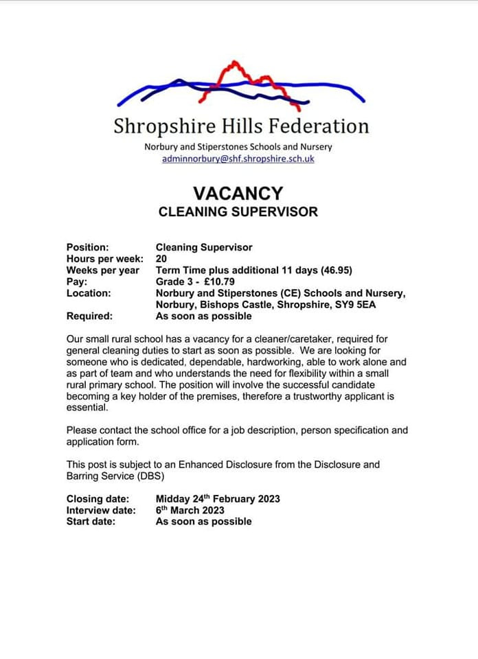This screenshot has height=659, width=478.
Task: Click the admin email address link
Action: pos(238,159)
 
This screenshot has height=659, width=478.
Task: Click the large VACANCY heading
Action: pos(238,194)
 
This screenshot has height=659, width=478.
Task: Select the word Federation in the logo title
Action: pos(318,126)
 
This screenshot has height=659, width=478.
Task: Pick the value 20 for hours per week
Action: pos(161,259)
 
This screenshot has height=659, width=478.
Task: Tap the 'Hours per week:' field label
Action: pos(105,259)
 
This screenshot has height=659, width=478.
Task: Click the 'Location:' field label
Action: pos(89,293)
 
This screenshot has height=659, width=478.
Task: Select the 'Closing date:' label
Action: pos(98,499)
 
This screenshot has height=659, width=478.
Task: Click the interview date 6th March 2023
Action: pos(190,510)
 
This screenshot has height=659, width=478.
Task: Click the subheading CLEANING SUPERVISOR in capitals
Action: pos(238,211)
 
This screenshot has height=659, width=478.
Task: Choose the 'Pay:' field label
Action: pos(77,281)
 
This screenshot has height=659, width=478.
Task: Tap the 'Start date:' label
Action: pos(91,521)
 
